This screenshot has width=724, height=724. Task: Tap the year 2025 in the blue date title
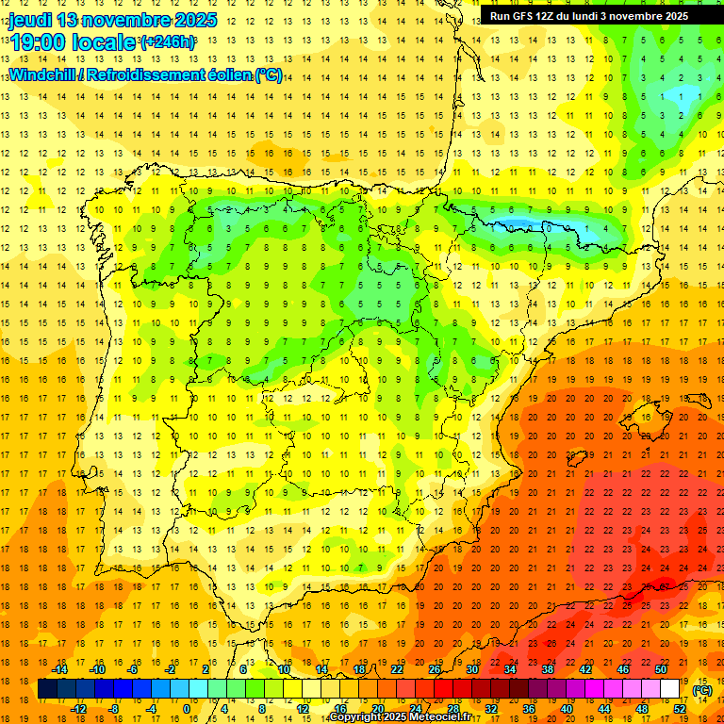coord(195,20)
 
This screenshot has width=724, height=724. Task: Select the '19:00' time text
coord(38,42)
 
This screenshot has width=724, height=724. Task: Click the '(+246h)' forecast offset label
coord(167,42)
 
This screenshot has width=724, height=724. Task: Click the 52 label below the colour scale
coord(680,709)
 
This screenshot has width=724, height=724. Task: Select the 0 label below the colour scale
coord(187,709)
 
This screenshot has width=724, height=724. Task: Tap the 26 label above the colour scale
coord(434,669)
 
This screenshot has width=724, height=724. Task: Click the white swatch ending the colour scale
coord(669,689)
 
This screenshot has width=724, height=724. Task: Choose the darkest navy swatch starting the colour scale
coord(47,689)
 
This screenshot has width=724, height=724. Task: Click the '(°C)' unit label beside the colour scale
coord(701,689)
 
